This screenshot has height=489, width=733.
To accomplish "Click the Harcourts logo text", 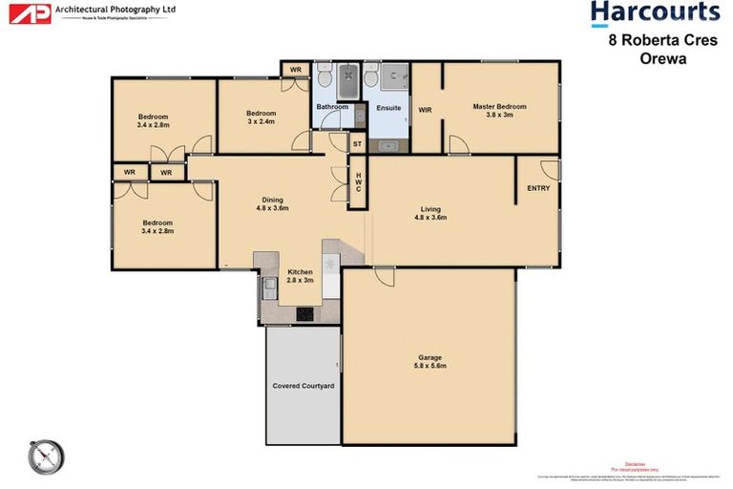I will [654, 12].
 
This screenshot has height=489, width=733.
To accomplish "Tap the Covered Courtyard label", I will [303, 386].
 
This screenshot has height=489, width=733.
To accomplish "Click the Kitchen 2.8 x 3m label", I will [301, 276].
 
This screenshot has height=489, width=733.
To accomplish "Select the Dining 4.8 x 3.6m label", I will [270, 203].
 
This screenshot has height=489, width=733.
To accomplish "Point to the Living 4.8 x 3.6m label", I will [430, 213].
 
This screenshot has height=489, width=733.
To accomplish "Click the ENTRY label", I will [538, 188].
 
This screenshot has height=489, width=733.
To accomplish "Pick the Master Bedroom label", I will [499, 111].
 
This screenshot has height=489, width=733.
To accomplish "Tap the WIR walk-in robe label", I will [425, 110].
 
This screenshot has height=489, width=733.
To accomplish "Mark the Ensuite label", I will [388, 108].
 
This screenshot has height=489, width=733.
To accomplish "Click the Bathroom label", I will [333, 107].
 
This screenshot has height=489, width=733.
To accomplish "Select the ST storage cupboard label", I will [358, 143].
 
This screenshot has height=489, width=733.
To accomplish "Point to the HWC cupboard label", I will [358, 182].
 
